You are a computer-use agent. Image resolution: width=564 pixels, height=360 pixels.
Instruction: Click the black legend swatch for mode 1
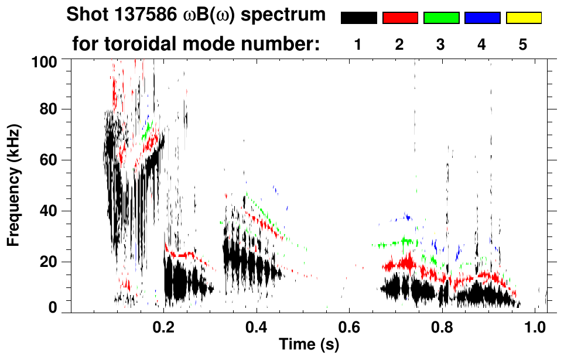coord(358,18)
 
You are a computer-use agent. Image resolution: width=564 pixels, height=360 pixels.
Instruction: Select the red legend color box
coord(400,18)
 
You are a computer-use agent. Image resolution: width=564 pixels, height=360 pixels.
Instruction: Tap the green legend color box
coord(441,18)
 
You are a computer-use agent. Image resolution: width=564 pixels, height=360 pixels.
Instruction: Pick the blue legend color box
coord(482,18)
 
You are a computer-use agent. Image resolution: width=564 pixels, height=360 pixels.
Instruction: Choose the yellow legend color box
coord(524,18)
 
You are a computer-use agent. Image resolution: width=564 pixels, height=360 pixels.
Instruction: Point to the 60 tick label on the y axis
coord(50,160)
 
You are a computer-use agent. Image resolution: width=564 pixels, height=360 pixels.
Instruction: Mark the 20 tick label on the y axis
coord(50,262)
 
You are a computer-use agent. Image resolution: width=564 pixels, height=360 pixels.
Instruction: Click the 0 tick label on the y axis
coord(54,308)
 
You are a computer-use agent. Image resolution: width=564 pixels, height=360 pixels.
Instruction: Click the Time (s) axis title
coord(308,345)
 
